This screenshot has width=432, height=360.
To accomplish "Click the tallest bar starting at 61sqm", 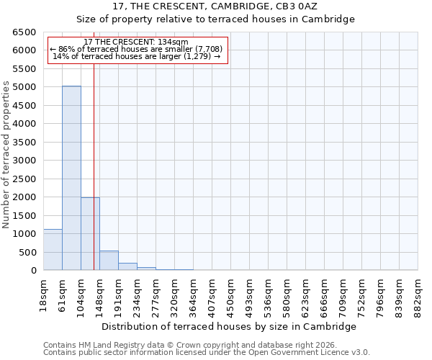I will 71,178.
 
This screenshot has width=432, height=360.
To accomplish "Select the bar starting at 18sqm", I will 53,250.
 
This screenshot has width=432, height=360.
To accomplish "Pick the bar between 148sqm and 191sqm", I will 109,261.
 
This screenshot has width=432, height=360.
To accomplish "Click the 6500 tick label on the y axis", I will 24,32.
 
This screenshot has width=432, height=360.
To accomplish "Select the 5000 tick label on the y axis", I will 24,87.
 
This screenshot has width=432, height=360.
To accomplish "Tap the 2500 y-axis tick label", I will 24,179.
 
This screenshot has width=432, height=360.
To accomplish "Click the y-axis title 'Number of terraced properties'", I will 6,155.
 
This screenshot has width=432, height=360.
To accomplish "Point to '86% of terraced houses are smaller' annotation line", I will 137,49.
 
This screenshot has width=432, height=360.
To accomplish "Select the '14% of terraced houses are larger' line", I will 137,56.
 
